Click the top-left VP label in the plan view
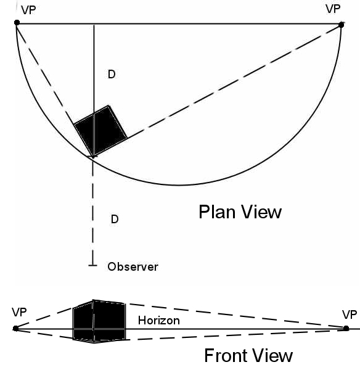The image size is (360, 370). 28,10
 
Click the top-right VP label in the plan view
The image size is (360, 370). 333,9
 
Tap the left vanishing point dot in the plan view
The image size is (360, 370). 17,22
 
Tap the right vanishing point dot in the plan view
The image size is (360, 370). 341,25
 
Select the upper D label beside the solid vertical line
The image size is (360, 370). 112,75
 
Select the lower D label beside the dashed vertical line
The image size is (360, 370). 115,219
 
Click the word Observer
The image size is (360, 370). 133,267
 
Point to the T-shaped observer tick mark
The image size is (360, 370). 92,265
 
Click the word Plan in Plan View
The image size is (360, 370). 217,212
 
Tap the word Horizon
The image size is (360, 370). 159,321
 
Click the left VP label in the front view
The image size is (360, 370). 19,312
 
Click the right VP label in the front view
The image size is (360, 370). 350,314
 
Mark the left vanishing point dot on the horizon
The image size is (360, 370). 15,328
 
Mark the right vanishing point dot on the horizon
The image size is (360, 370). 346,328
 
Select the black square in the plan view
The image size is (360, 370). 100,131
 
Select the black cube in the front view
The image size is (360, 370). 99,321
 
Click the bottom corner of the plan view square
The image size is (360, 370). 93,157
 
